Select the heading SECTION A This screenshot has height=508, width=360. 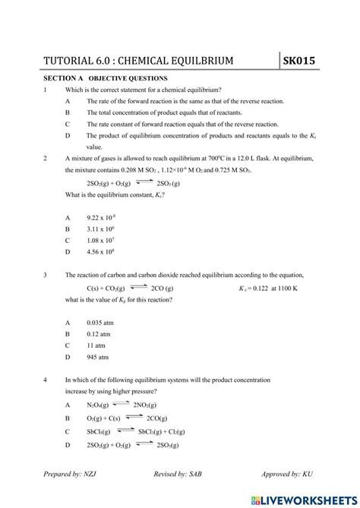[62, 78]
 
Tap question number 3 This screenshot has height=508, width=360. [46, 275]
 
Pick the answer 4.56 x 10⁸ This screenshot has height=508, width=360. [102, 251]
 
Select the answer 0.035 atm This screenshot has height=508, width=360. [100, 322]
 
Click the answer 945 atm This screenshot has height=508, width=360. [98, 356]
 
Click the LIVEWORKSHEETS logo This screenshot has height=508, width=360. [308, 497]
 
